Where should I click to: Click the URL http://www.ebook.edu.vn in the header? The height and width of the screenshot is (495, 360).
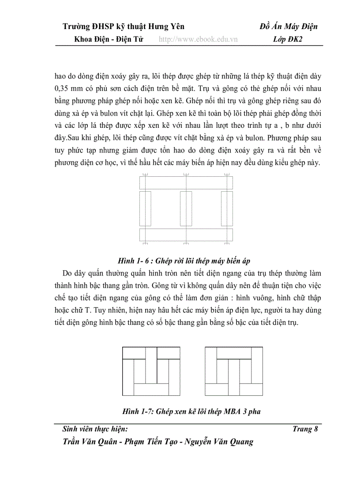(x=198, y=39)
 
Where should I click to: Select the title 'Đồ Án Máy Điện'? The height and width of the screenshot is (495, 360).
(x=289, y=27)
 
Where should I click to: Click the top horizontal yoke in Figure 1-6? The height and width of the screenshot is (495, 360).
(x=186, y=182)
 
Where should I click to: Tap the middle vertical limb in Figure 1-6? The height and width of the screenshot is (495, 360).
(x=186, y=208)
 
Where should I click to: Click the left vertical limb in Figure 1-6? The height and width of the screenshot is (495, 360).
(x=145, y=208)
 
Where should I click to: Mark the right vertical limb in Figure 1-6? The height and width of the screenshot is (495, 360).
(x=227, y=208)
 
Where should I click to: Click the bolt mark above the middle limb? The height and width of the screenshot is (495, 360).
(x=186, y=175)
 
